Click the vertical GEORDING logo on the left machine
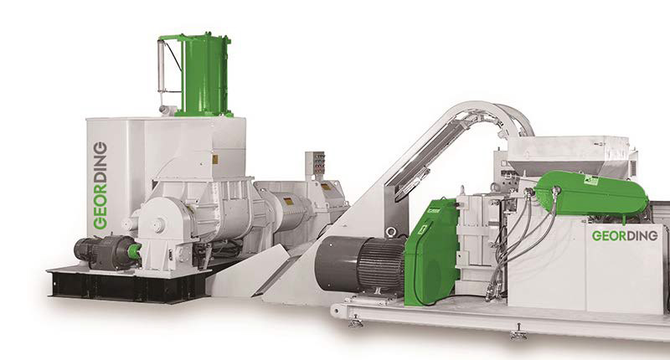[x=100, y=185]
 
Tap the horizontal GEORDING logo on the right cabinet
[x=624, y=236]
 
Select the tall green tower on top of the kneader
[x=204, y=74]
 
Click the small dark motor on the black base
[x=105, y=253]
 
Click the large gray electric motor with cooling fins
[x=360, y=264]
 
